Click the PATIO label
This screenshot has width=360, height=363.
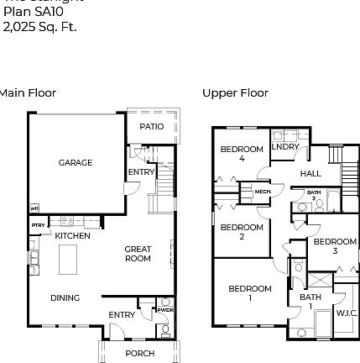pyautogui.click(x=151, y=127)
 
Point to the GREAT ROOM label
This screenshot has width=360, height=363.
pyautogui.click(x=138, y=253)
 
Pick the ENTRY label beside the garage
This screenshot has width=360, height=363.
pyautogui.click(x=141, y=171)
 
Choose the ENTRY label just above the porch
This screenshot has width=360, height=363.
pyautogui.click(x=122, y=314)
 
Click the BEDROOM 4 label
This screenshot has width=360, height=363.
pyautogui.click(x=242, y=153)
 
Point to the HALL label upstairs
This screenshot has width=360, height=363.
pyautogui.click(x=310, y=174)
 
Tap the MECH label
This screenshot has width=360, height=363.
pyautogui.click(x=263, y=192)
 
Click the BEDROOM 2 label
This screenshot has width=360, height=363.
pyautogui.click(x=242, y=231)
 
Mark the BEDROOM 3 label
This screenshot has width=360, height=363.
pyautogui.click(x=334, y=245)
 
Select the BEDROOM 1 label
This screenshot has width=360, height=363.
pyautogui.click(x=250, y=292)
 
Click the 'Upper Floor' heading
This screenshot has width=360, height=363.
pyautogui.click(x=235, y=93)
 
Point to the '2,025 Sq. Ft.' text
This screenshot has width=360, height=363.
pyautogui.click(x=39, y=27)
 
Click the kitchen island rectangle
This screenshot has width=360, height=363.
pyautogui.click(x=66, y=259)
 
